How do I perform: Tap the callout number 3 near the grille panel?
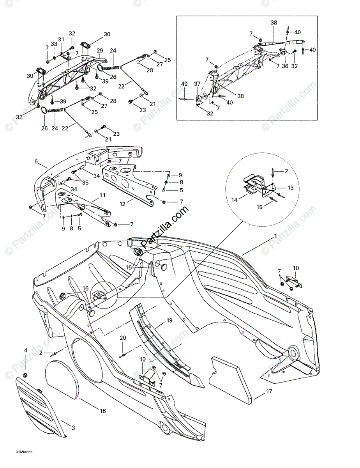click(73, 427)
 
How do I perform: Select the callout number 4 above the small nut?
click(26, 351)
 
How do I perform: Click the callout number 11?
click(102, 195)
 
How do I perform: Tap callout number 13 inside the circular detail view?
click(290, 188)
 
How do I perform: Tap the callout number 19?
click(169, 321)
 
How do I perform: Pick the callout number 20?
click(123, 338)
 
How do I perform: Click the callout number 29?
click(100, 51)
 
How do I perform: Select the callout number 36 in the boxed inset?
click(285, 66)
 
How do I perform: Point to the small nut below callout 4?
click(26, 375)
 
